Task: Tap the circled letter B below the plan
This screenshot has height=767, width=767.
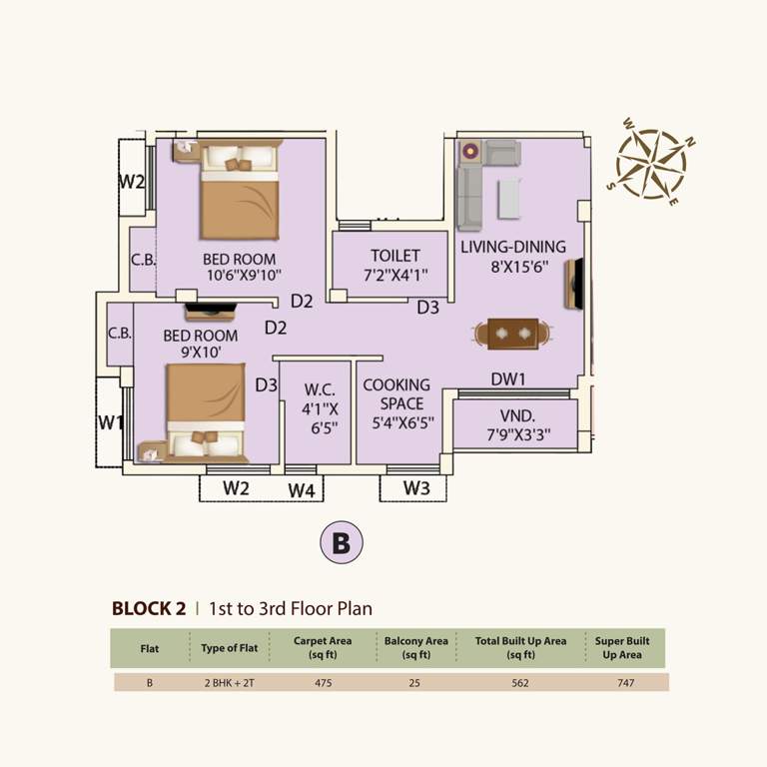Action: [x=341, y=542]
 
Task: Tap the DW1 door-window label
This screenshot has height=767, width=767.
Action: [x=508, y=380]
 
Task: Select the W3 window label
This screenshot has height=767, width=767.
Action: [x=416, y=488]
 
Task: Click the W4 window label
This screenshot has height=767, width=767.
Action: [x=302, y=490]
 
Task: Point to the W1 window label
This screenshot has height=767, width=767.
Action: [x=110, y=422]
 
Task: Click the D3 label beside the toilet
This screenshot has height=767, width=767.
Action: [x=427, y=308]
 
